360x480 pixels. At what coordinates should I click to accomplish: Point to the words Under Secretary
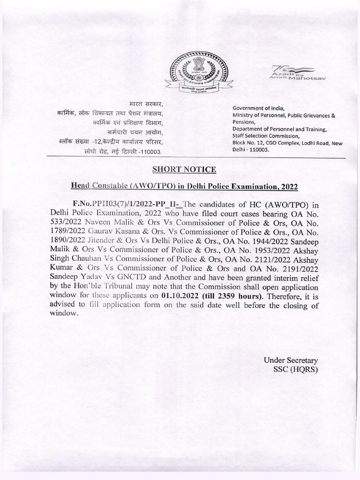[x=291, y=360]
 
